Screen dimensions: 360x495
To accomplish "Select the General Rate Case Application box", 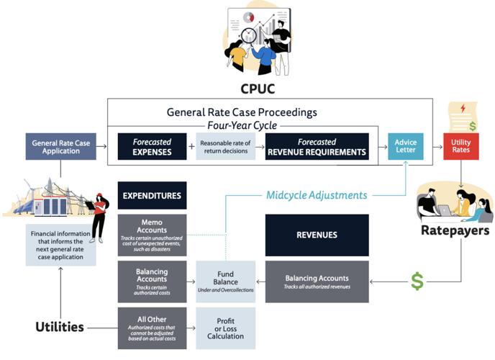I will pos(60,147).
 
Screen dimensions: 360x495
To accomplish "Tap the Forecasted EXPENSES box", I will pos(152,147).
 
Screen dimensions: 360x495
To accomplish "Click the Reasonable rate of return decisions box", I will pos(225,147).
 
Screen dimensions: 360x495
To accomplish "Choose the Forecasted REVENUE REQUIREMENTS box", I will pos(317,147).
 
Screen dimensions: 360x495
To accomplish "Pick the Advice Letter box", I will pos(406,147).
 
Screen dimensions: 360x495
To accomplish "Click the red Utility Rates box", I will pos(461,147).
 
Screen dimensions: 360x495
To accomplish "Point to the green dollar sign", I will pos(417,281).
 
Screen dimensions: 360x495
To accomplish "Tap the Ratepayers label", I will pos(455,231).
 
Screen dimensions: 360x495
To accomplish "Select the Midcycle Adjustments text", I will pos(317,195).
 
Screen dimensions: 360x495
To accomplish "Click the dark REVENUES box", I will pos(317,235).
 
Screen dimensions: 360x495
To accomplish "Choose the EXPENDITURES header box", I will pos(152,195).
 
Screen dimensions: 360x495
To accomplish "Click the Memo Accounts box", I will pos(152,235).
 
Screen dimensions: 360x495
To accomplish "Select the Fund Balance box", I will pos(225,282).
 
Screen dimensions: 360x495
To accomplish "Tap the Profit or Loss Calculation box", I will pos(225,328).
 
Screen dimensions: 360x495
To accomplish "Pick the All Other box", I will pos(152,328).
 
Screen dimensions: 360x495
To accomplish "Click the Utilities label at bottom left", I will pos(60,327).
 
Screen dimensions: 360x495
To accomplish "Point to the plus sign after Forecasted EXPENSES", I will pos(191,146).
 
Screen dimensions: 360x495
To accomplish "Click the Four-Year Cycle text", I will pos(242,125).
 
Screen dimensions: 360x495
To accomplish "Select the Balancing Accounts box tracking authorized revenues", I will pos(317,282).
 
